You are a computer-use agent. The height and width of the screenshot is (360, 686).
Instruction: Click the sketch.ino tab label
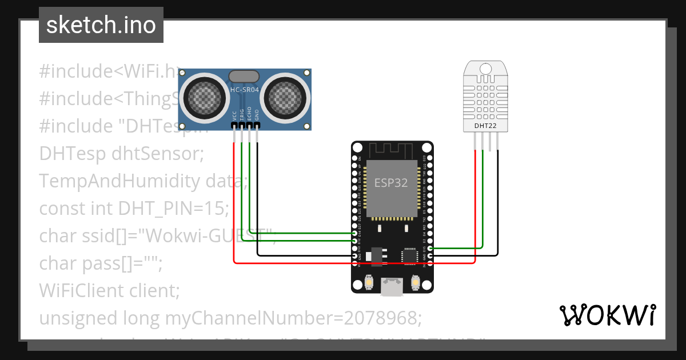click(x=101, y=25)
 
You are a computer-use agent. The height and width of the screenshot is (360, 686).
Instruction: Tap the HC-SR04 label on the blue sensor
click(x=245, y=90)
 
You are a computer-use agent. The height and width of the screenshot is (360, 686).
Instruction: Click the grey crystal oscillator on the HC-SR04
click(x=245, y=76)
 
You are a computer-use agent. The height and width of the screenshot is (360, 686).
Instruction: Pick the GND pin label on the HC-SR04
click(x=257, y=115)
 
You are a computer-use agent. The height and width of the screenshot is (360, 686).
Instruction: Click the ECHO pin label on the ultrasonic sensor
click(x=249, y=114)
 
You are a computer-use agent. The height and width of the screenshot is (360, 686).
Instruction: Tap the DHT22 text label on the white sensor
click(x=485, y=125)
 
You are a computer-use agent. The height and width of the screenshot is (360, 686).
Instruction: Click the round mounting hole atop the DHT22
click(x=485, y=69)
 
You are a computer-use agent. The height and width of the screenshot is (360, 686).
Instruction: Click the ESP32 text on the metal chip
click(x=391, y=183)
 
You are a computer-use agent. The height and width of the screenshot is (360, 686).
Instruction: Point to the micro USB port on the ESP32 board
click(x=392, y=285)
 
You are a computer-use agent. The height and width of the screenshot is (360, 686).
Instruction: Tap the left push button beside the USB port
click(x=368, y=282)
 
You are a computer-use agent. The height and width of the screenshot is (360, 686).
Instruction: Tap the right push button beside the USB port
click(x=416, y=282)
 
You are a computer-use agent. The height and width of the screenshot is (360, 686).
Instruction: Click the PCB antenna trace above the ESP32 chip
click(x=392, y=150)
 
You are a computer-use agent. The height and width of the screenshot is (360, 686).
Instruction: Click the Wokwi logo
click(x=607, y=315)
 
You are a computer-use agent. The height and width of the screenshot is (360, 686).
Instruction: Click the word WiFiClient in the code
click(x=74, y=290)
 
